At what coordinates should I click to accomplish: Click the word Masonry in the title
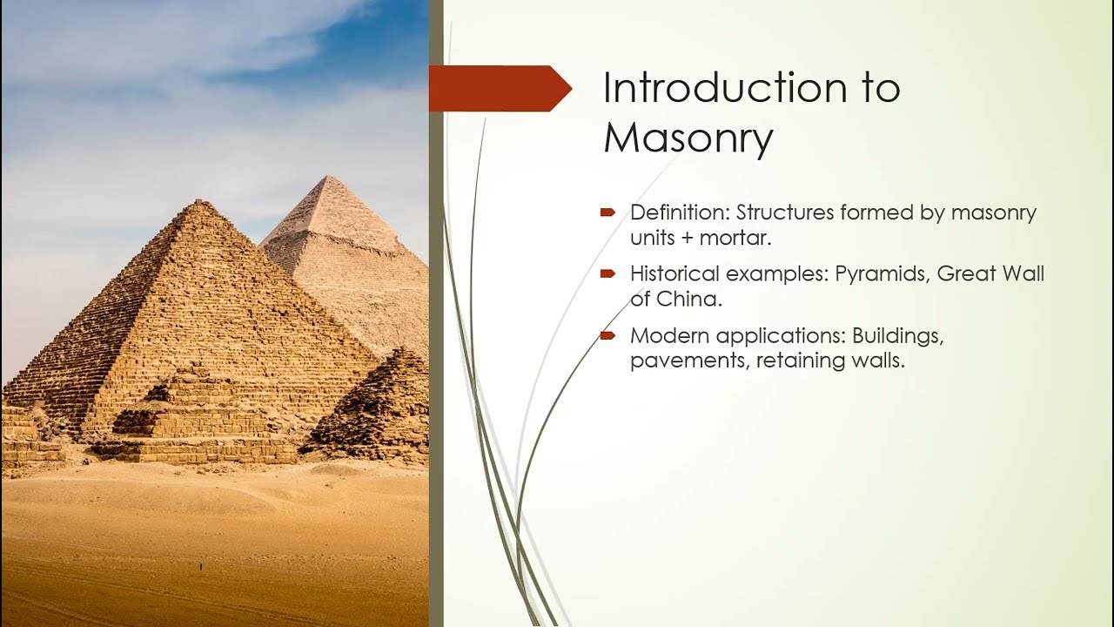688,138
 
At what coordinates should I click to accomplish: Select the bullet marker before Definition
607,212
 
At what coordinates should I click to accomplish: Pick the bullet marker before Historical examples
607,274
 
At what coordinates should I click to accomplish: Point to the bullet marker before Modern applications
607,335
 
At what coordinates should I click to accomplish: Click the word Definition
679,212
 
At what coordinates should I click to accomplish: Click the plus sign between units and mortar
690,238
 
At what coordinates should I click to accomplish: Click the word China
687,300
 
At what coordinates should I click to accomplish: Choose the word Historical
674,274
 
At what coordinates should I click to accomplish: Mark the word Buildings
897,335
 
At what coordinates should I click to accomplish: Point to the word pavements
686,361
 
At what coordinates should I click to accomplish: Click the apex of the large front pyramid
200,202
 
